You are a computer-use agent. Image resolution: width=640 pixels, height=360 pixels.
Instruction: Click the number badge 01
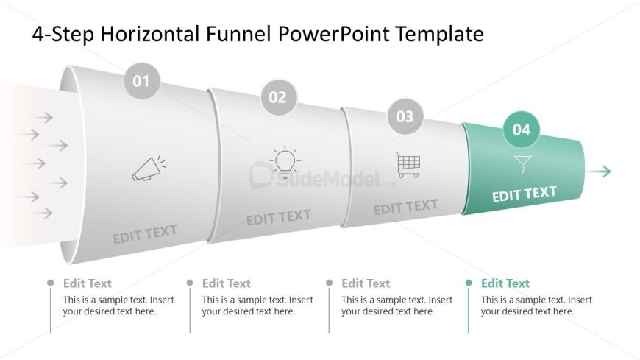pos(141,81)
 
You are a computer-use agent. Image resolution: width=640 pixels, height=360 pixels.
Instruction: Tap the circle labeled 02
pos(278,97)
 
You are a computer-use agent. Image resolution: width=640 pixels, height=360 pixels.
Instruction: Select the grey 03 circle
pos(405,116)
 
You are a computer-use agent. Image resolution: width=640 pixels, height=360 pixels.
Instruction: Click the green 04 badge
pos(522,130)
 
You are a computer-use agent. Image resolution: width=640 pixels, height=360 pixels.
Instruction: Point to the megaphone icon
pos(149,168)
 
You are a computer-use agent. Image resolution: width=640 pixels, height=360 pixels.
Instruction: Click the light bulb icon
pos(285,162)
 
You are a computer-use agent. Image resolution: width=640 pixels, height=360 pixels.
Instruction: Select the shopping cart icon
pos(408,165)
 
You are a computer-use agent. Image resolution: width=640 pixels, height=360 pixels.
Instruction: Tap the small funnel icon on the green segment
pos(523,164)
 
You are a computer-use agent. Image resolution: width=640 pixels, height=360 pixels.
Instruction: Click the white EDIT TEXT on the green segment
pos(524,194)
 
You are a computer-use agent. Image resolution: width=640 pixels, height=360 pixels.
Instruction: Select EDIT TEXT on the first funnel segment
pos(145,234)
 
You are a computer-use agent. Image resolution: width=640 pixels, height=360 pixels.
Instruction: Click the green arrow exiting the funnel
pos(599,172)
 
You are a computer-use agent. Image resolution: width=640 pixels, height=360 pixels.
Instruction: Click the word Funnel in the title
pos(238,34)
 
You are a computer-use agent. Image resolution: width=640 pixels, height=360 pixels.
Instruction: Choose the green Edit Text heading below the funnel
pos(505,283)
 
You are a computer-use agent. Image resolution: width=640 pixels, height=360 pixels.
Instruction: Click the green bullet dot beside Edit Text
pos(469,283)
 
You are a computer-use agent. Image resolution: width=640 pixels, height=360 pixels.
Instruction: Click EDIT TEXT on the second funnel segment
pos(279,217)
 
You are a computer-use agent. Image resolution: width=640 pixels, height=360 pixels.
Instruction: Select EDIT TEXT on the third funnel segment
pos(406,207)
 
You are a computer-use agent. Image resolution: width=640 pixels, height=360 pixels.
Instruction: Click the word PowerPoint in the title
pos(333,34)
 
